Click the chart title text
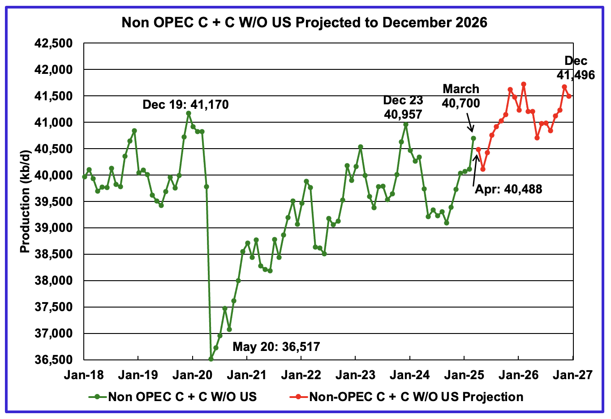coord(304,22)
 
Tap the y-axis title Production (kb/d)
coord(25,201)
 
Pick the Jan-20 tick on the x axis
coord(192,375)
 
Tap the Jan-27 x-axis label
coord(573,375)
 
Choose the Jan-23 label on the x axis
coord(355,375)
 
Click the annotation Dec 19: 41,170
coord(185,105)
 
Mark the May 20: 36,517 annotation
coord(276,346)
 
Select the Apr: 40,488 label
coord(508,189)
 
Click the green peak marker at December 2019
coord(189,113)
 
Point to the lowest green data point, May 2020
coord(211,359)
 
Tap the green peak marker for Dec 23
coord(406,124)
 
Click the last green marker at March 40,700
coord(473,138)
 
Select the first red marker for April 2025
coord(478,149)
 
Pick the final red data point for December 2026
coord(569,96)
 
